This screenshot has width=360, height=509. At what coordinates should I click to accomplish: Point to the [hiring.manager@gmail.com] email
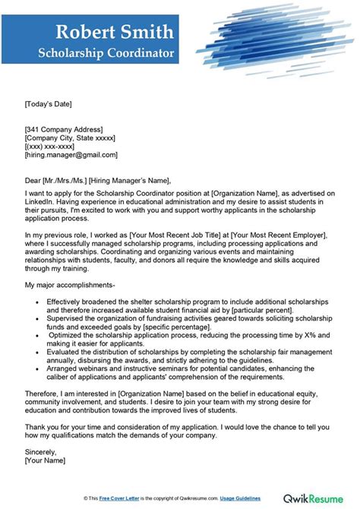click(x=71, y=155)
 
